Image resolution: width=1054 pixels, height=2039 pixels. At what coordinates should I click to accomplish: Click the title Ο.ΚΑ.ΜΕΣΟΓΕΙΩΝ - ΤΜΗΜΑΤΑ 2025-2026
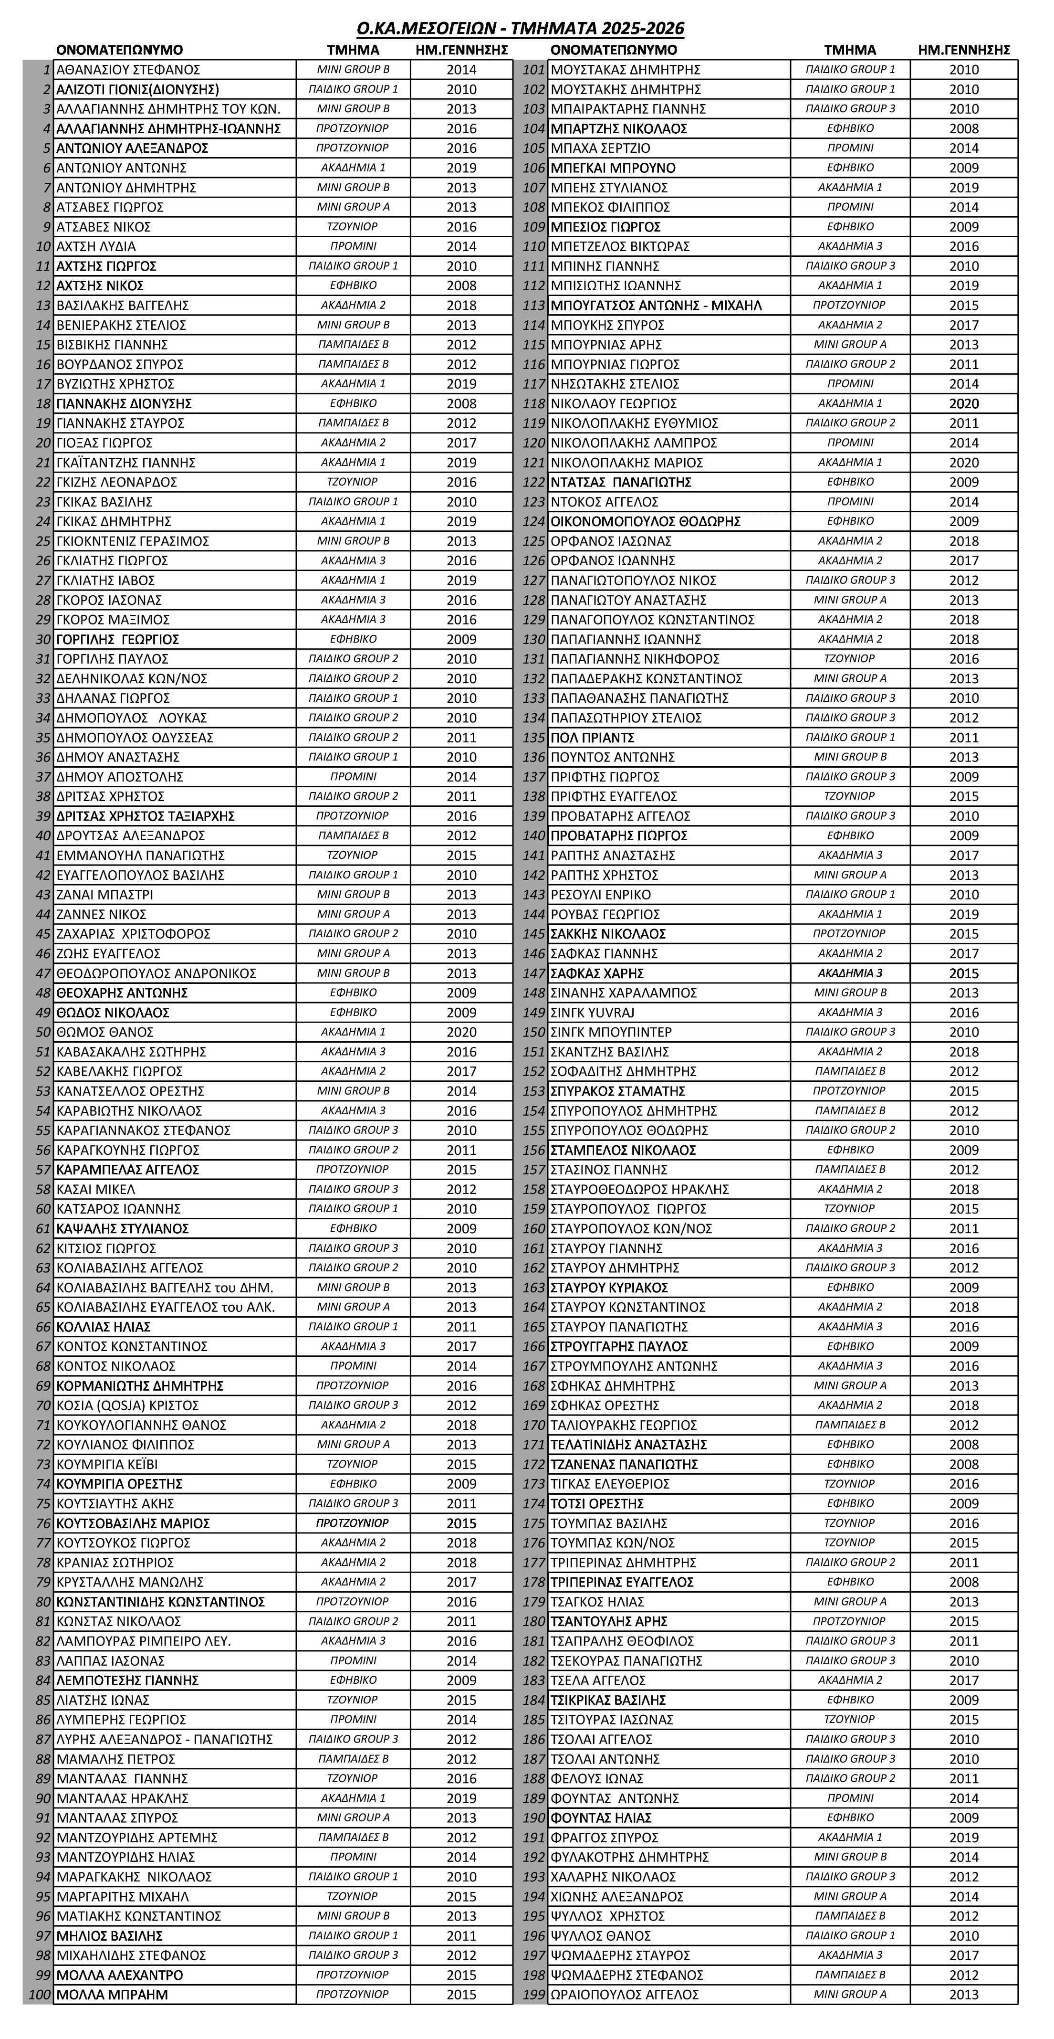pyautogui.click(x=520, y=29)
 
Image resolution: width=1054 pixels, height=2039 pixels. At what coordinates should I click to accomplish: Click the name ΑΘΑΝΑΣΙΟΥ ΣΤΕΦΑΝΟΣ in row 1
pyautogui.click(x=128, y=70)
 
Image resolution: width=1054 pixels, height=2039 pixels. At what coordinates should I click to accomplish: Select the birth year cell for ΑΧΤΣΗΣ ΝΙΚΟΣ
pyautogui.click(x=461, y=286)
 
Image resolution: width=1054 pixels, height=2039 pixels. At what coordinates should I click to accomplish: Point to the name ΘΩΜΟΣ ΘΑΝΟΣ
pyautogui.click(x=105, y=1032)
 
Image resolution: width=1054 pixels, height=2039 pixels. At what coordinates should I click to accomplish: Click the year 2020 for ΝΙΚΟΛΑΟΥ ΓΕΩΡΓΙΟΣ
pyautogui.click(x=964, y=404)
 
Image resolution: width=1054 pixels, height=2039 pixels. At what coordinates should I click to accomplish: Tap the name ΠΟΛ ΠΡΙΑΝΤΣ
pyautogui.click(x=593, y=738)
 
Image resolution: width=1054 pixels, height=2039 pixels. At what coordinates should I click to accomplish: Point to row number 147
pyautogui.click(x=534, y=973)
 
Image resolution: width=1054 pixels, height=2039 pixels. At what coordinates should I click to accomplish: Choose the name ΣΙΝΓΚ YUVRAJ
pyautogui.click(x=593, y=1013)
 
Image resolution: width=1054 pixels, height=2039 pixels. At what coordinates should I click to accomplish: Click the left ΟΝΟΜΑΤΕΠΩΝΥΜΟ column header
pyautogui.click(x=119, y=50)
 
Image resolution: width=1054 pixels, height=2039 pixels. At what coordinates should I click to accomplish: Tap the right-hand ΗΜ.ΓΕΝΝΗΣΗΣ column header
pyautogui.click(x=964, y=50)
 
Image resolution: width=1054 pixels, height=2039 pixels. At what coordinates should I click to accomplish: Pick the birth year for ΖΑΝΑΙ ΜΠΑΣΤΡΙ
pyautogui.click(x=461, y=895)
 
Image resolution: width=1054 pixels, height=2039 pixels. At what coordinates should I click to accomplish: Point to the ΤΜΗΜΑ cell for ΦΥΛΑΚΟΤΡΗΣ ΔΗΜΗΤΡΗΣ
pyautogui.click(x=850, y=1857)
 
